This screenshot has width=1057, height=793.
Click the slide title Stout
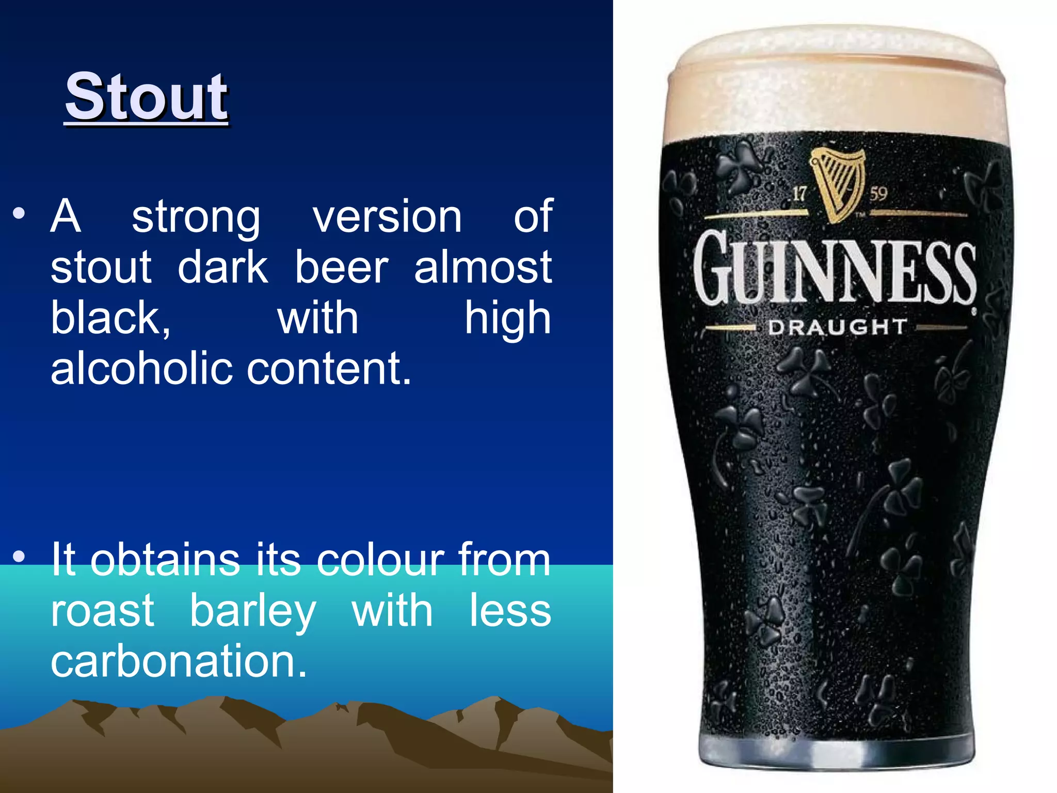pos(146,97)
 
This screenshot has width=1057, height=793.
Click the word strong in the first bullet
pos(196,217)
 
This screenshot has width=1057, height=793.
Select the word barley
pos(253,612)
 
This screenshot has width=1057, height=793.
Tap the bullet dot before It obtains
pos(19,557)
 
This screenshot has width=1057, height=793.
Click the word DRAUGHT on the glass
pos(837,327)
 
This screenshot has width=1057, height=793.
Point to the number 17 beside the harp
pos(799,194)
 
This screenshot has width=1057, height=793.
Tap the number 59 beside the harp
pos(878,194)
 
